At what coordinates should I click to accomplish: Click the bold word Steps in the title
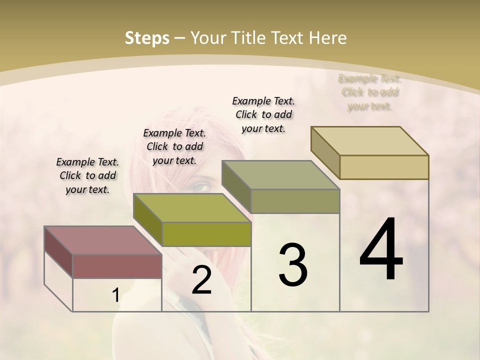[147, 38]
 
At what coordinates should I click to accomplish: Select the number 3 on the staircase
[292, 264]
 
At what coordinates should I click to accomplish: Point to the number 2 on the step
[201, 280]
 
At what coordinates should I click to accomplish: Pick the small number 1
[115, 295]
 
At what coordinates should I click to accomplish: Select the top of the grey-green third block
[280, 175]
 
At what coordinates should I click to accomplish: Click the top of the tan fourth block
[369, 141]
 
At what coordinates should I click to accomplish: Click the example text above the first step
[87, 175]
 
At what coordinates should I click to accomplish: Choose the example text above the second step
[174, 146]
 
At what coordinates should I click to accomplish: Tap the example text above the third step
[263, 114]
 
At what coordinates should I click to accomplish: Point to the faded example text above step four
[370, 92]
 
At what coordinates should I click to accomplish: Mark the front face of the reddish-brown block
[117, 266]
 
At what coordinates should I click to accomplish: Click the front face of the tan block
[384, 167]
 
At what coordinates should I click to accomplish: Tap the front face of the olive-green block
[206, 234]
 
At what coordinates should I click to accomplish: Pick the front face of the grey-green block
[295, 201]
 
